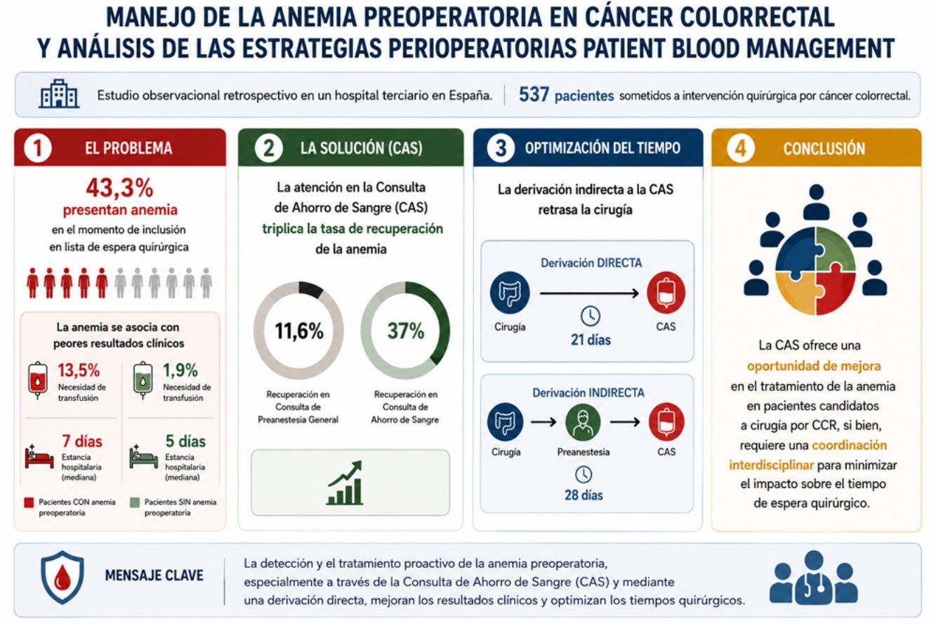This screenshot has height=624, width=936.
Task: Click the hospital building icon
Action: pyautogui.click(x=59, y=93)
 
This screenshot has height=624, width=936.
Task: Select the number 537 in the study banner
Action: pyautogui.click(x=534, y=95)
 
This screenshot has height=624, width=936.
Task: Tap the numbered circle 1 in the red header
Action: pyautogui.click(x=38, y=148)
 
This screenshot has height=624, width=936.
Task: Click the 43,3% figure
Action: pyautogui.click(x=119, y=187)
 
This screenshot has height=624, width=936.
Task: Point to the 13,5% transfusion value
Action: pyautogui.click(x=79, y=370)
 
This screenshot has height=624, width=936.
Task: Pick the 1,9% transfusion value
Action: pyautogui.click(x=180, y=370)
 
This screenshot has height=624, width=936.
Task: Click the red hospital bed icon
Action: pyautogui.click(x=39, y=458)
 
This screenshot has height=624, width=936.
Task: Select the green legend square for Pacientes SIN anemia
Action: pyautogui.click(x=135, y=503)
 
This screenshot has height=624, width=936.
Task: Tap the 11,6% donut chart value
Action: pyautogui.click(x=298, y=331)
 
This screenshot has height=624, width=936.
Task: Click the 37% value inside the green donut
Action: pyautogui.click(x=405, y=331)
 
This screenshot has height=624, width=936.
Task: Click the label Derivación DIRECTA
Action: pyautogui.click(x=591, y=263)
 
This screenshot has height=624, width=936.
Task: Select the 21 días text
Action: pyautogui.click(x=591, y=340)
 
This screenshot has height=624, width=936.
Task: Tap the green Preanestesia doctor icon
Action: pyautogui.click(x=583, y=423)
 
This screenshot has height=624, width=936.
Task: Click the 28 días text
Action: pyautogui.click(x=584, y=495)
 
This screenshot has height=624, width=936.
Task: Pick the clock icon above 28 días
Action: pyautogui.click(x=584, y=474)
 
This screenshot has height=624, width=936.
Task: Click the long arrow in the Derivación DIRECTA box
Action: pyautogui.click(x=589, y=293)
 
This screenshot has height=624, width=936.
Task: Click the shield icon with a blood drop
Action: pyautogui.click(x=62, y=577)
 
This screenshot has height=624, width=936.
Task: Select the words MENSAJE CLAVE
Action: pyautogui.click(x=154, y=576)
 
